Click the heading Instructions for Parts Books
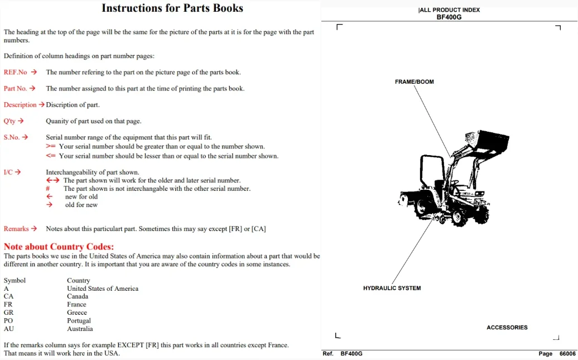click(172, 8)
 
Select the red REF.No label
click(15, 73)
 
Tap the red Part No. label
click(15, 89)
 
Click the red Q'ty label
click(9, 121)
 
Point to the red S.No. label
click(11, 137)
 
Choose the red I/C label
click(8, 172)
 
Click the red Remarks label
click(16, 229)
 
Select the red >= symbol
click(51, 146)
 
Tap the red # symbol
click(47, 189)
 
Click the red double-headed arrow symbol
click(52, 180)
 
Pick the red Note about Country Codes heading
click(59, 246)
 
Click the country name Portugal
click(79, 320)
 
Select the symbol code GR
click(8, 313)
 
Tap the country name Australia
click(80, 329)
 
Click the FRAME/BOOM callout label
click(415, 82)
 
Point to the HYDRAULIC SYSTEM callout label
click(392, 288)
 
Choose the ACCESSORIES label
click(507, 328)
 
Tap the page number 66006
click(567, 354)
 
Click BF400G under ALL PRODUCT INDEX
click(449, 17)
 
